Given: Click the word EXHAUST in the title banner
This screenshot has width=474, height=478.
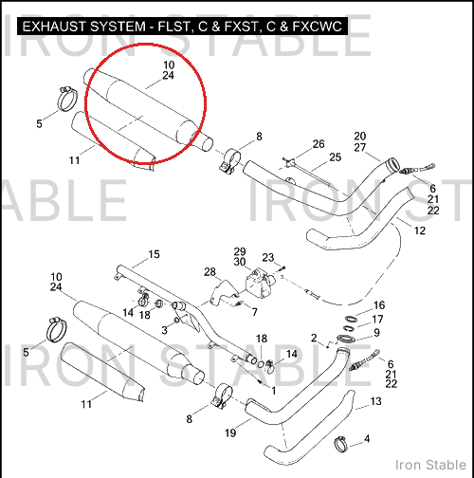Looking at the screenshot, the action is [x=53, y=27].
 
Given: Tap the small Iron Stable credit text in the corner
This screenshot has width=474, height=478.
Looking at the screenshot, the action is [x=430, y=465].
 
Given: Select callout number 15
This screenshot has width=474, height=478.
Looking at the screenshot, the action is [x=154, y=254].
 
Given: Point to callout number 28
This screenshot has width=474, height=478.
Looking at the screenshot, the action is [x=210, y=271].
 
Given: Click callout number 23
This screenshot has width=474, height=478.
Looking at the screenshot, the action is [x=268, y=257].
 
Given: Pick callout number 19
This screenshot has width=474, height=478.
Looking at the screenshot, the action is [x=230, y=432].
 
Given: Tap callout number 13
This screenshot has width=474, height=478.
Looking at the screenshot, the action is [x=375, y=401].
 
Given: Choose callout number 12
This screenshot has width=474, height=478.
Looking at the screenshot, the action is [x=420, y=230].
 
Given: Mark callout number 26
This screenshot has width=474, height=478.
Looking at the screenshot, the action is [x=319, y=144].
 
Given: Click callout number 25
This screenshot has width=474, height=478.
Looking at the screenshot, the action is [x=336, y=157].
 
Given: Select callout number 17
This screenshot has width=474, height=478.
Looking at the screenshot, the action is [x=377, y=320].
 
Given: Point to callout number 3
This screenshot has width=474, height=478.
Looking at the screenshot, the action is [x=164, y=330].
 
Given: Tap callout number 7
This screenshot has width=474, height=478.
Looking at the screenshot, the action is [x=255, y=312].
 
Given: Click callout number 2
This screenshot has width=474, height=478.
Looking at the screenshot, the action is [x=314, y=338].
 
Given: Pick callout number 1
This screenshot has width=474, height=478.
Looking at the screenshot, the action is [x=274, y=391].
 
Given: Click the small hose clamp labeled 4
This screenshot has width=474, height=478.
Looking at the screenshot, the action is [x=340, y=444].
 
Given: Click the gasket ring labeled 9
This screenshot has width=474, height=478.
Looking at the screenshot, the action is [x=346, y=339].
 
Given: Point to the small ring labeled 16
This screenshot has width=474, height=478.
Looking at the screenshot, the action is [x=351, y=319].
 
